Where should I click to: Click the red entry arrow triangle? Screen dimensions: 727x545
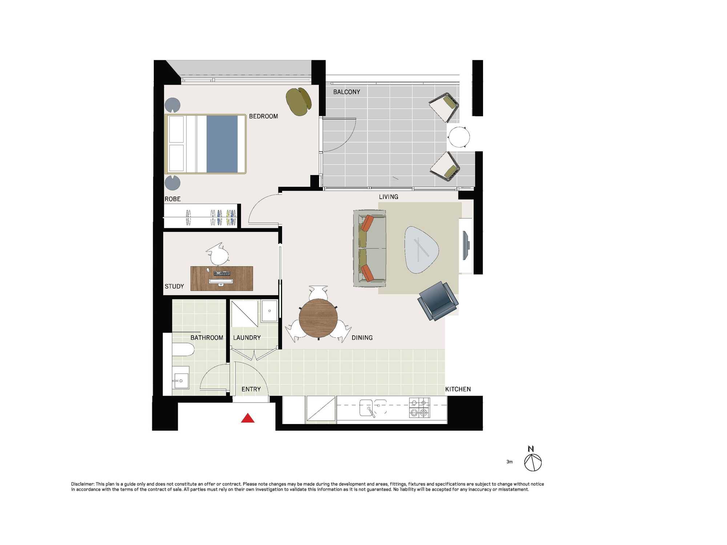tap(248, 419)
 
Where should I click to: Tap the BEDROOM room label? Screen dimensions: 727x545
tap(264, 116)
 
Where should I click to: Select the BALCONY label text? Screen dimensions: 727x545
tap(347, 92)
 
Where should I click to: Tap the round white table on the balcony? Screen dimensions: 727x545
tap(459, 137)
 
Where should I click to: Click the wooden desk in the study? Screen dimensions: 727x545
tap(222, 278)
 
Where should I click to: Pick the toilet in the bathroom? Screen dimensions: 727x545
tap(183, 349)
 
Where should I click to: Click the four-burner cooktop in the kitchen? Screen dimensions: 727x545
tap(419, 408)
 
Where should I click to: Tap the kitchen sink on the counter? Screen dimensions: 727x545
tap(373, 408)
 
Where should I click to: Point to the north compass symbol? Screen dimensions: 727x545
tap(533, 460)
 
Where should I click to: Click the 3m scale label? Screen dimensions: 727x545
tap(510, 462)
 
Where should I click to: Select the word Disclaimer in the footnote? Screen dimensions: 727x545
tap(83, 484)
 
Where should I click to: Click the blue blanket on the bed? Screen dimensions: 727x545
tap(222, 144)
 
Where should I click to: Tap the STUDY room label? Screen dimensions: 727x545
tap(174, 286)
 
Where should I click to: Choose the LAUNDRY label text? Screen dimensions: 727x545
tap(247, 338)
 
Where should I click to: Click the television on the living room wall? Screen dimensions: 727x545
tap(466, 245)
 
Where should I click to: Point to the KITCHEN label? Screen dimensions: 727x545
tap(458, 389)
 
